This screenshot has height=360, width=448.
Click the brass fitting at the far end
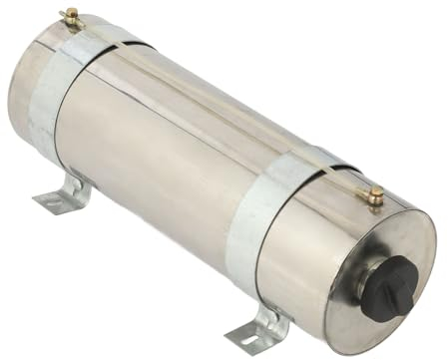point(71,16)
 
